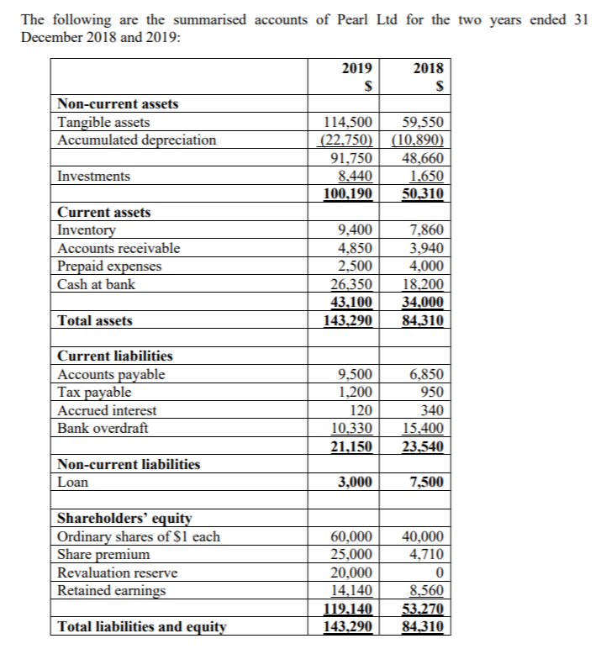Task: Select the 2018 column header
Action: pos(428,70)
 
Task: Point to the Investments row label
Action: pos(93,176)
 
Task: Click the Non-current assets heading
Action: pos(117,104)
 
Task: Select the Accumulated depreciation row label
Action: pos(136,140)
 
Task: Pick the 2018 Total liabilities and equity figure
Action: pos(424,627)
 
